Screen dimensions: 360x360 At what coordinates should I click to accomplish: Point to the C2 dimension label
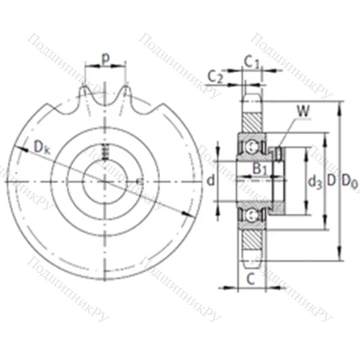point(215,76)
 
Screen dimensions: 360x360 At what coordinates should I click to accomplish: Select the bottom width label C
point(250,277)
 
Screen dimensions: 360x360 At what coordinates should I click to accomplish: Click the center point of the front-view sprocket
point(106,179)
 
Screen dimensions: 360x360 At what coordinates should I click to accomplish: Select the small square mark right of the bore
point(138,179)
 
